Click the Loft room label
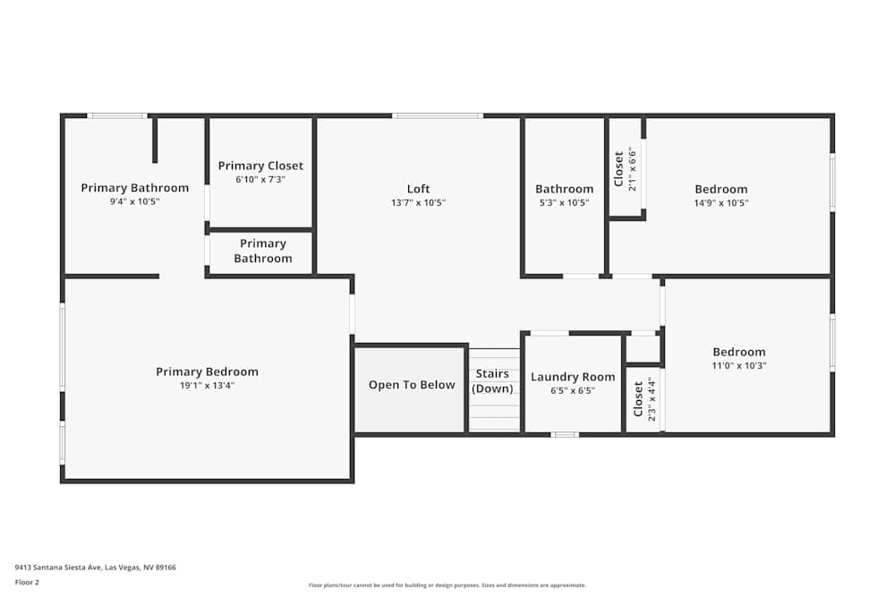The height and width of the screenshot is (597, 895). [418, 189]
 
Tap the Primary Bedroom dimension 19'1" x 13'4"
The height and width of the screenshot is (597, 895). [207, 386]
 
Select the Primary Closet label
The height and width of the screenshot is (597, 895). [260, 166]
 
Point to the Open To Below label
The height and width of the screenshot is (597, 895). [412, 385]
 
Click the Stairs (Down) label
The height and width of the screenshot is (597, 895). [492, 381]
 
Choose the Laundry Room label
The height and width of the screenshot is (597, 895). [573, 377]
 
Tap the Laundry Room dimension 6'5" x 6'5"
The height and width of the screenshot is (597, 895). [573, 390]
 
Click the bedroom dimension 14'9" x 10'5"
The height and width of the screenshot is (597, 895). [720, 202]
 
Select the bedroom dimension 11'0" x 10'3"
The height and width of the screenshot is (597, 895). [738, 365]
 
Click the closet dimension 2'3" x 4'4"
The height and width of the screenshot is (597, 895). [651, 400]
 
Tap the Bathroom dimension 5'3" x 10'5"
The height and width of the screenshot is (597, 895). [564, 202]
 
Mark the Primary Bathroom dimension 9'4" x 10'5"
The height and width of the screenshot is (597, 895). [134, 201]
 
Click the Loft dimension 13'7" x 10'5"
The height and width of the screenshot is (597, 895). [418, 202]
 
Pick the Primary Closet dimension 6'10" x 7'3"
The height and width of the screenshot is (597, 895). [260, 179]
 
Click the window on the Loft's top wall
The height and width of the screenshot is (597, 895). [438, 115]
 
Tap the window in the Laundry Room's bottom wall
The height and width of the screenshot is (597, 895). [564, 435]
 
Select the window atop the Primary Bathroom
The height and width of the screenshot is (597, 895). [117, 115]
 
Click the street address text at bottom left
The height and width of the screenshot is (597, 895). [95, 567]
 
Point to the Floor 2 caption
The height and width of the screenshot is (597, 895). [27, 582]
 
